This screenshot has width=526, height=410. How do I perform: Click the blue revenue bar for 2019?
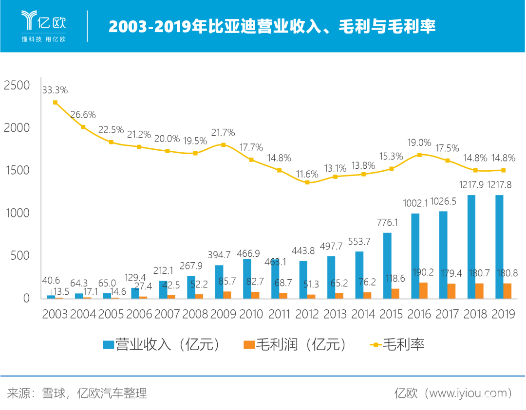pos(499,247)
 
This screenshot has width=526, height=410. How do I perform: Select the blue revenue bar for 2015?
pos(387,265)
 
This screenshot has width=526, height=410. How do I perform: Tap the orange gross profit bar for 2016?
pos(423,290)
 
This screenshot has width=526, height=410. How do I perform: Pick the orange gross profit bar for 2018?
pos(479,290)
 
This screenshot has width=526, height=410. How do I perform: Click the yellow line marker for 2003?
pos(56,103)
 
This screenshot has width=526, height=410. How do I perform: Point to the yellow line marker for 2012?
pos(307,182)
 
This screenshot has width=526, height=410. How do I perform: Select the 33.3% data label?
pos(55,90)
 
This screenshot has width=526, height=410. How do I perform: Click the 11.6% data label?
pos(307,174)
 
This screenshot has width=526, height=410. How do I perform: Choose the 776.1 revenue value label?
pos(387,223)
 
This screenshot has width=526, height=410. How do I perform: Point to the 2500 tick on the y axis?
pos(17,85)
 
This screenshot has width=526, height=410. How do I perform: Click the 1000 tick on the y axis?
pos(17,213)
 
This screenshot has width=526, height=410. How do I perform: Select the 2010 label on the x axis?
pos(251,314)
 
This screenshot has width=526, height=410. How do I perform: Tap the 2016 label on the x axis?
pos(419,314)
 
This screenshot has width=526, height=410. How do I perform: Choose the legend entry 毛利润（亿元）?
pos(297,345)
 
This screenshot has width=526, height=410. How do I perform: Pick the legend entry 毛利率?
pos(396,345)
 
